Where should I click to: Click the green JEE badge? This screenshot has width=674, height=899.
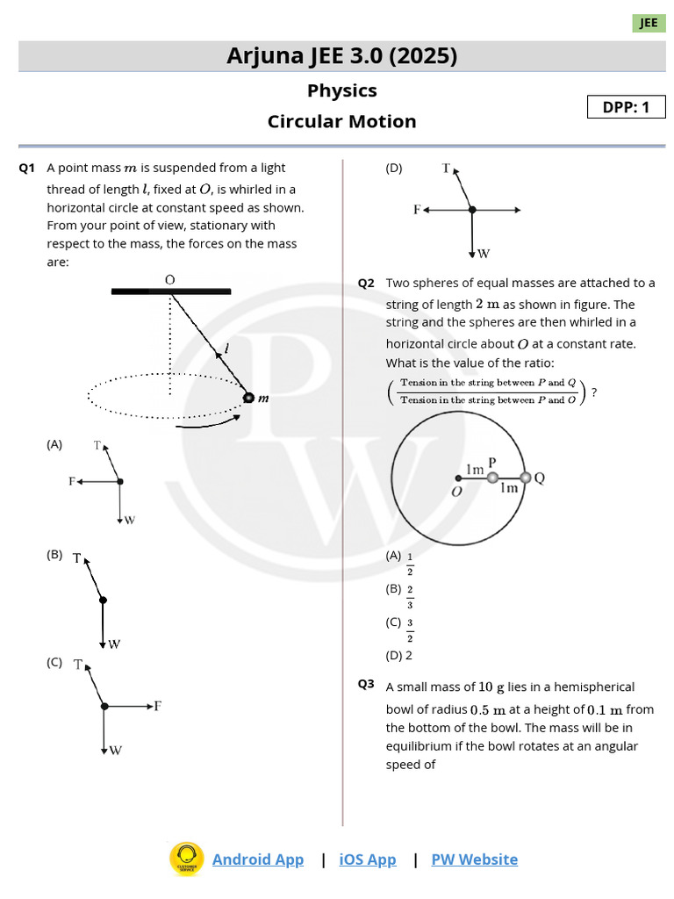pyautogui.click(x=649, y=23)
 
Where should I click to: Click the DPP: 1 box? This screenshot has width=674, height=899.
pyautogui.click(x=626, y=107)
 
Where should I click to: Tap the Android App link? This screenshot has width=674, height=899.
pyautogui.click(x=257, y=859)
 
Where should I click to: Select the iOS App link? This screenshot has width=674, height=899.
pyautogui.click(x=368, y=859)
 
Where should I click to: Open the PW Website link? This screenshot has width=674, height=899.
pyautogui.click(x=474, y=859)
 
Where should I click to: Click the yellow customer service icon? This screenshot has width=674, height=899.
pyautogui.click(x=186, y=859)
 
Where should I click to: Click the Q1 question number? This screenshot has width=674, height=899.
pyautogui.click(x=26, y=168)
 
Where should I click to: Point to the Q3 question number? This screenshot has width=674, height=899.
pyautogui.click(x=366, y=685)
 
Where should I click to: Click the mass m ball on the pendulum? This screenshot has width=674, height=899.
pyautogui.click(x=248, y=398)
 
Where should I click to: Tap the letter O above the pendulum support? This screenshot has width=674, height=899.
pyautogui.click(x=170, y=279)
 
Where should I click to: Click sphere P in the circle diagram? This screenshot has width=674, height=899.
pyautogui.click(x=492, y=478)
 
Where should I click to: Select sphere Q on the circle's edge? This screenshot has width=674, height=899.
pyautogui.click(x=526, y=478)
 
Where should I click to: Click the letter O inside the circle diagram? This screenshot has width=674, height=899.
pyautogui.click(x=456, y=492)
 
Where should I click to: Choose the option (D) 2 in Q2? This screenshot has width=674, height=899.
pyautogui.click(x=398, y=655)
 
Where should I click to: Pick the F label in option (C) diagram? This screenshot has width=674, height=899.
pyautogui.click(x=158, y=705)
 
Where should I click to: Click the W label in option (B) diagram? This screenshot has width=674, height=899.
pyautogui.click(x=114, y=644)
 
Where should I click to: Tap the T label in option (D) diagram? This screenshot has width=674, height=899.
pyautogui.click(x=446, y=167)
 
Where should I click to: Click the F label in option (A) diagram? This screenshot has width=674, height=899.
pyautogui.click(x=72, y=481)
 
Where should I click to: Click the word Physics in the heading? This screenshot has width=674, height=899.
pyautogui.click(x=341, y=90)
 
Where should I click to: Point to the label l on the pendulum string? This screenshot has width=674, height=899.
pyautogui.click(x=226, y=349)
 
